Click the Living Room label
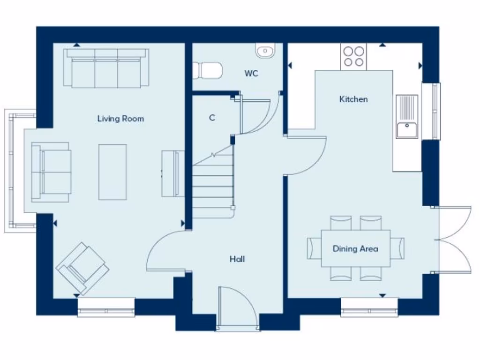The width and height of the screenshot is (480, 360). pos(120,119)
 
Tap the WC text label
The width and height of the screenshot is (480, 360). pos(251,74)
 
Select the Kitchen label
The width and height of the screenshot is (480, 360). pos(353,99)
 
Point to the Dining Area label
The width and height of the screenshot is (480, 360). pos(355,249)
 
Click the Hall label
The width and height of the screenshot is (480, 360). pos(237,259)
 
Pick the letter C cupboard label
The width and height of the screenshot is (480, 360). pos(212,118)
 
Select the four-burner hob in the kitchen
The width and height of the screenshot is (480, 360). pos(353,56)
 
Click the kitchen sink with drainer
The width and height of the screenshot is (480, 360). pos(406,117)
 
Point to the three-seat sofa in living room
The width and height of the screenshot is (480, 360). pos(106,68)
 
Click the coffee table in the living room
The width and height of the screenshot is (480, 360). pos(112,172)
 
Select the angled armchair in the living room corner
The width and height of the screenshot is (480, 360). pos(82,268)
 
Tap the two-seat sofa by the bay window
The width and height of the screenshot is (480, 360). pos(51,172)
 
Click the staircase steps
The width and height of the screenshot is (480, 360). pos(213,187)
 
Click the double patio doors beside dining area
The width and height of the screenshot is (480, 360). pos(454,239)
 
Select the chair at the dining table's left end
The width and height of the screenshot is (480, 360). pos(315,248)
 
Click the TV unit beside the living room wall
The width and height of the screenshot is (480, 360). pos(171,173)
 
